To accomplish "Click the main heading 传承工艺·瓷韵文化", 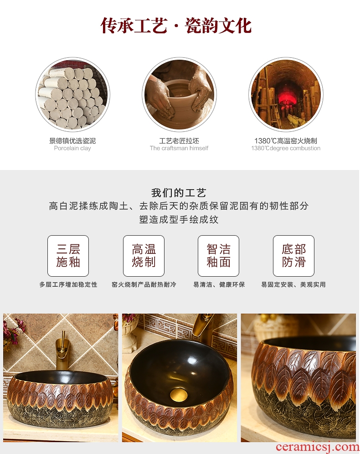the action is pos(176,26).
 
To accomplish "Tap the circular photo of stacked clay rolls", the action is pos(72,94).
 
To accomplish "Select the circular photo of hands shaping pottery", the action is pos(179,94).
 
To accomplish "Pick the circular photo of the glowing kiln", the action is pos(286,94).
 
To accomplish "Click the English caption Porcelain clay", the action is pos(72,148).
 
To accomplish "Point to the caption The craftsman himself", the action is pos(179,148).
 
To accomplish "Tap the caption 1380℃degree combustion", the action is pos(286,148).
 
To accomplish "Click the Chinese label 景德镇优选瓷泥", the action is pos(72,141).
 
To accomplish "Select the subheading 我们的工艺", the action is pos(179,193).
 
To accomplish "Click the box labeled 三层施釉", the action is pos(68,256).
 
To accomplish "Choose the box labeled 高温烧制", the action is pos(144,256).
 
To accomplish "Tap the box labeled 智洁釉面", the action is pos(218,256).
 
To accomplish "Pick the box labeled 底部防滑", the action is pos(294,256).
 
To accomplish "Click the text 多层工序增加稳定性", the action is pos(68,284).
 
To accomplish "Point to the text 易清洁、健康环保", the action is pos(219,284).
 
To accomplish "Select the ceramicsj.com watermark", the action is pos(318,447).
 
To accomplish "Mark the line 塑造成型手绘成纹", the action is pos(179,219).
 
